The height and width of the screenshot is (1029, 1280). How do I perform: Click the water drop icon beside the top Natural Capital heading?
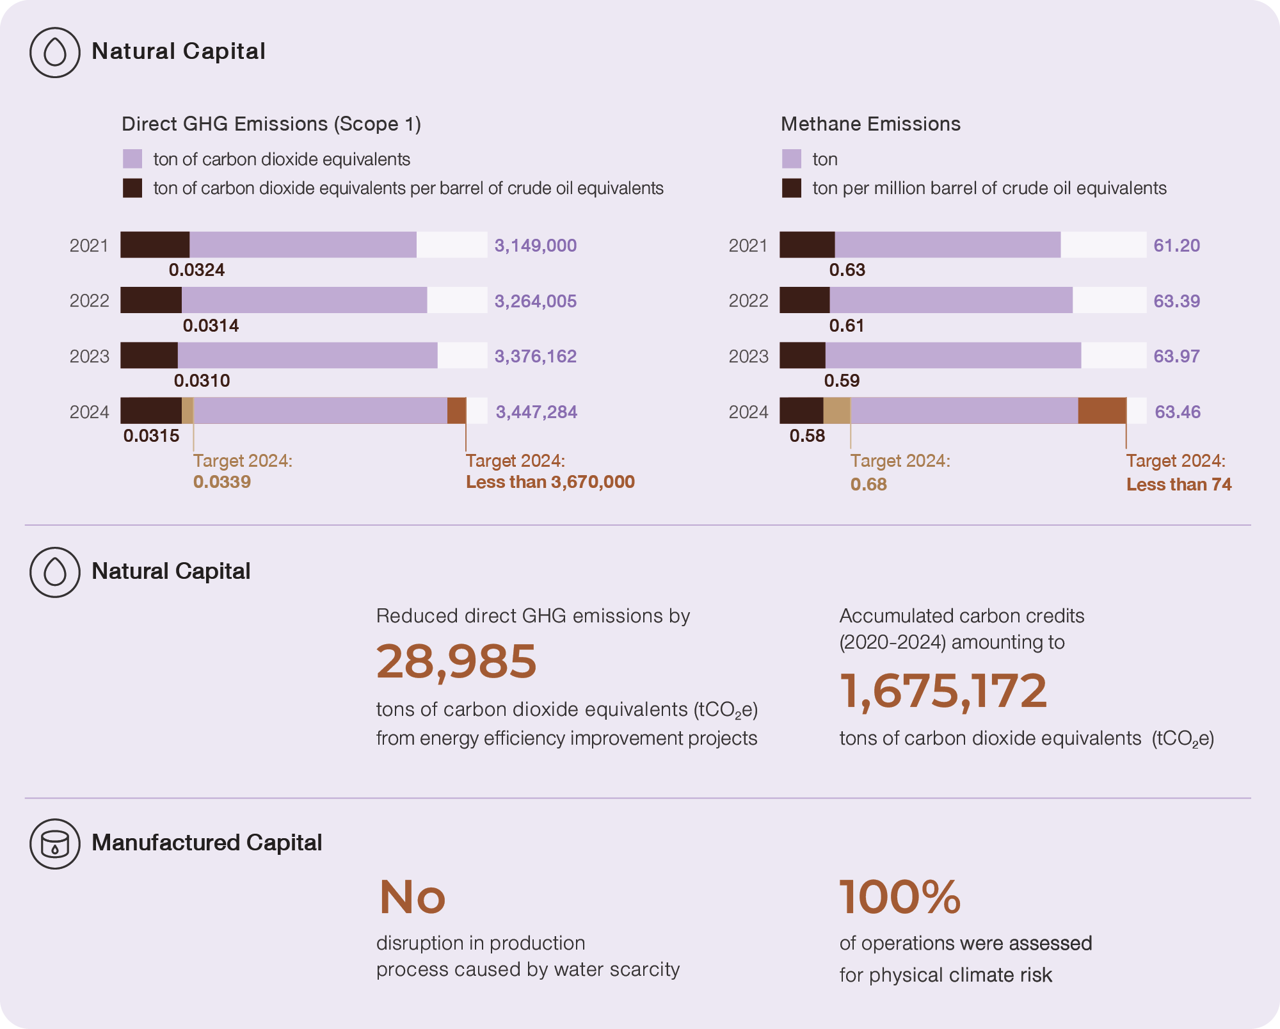point(55,53)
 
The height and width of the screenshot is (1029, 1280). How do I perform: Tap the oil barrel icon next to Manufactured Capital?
point(55,844)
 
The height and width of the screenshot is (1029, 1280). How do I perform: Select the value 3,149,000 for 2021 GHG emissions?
point(535,245)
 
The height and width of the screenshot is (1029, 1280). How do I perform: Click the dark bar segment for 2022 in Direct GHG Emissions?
point(151,300)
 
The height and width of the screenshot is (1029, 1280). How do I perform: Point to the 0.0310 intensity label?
point(202,381)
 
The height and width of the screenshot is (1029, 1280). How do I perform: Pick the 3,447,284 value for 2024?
point(536,412)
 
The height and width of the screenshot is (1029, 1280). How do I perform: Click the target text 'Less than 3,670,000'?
point(550,482)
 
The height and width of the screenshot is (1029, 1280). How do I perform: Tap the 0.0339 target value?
point(222,482)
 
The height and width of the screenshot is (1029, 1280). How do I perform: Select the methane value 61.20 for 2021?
point(1176,245)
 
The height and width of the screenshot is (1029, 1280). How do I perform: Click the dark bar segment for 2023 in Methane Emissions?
point(803,355)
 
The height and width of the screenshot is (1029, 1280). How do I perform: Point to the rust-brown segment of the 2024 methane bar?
point(1101,410)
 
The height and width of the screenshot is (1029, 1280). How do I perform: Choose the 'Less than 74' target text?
point(1179,485)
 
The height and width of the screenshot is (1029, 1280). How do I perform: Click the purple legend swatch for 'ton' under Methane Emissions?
point(792,159)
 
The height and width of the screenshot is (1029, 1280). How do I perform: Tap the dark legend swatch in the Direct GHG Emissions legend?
point(132,188)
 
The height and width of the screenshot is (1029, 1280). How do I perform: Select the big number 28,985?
point(456,661)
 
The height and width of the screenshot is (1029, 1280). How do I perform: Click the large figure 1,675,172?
point(943,691)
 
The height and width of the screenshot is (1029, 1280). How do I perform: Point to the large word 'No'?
point(412,897)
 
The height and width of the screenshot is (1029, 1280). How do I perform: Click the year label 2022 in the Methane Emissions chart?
point(748,301)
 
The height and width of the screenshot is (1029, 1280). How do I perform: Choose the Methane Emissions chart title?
point(870,124)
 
